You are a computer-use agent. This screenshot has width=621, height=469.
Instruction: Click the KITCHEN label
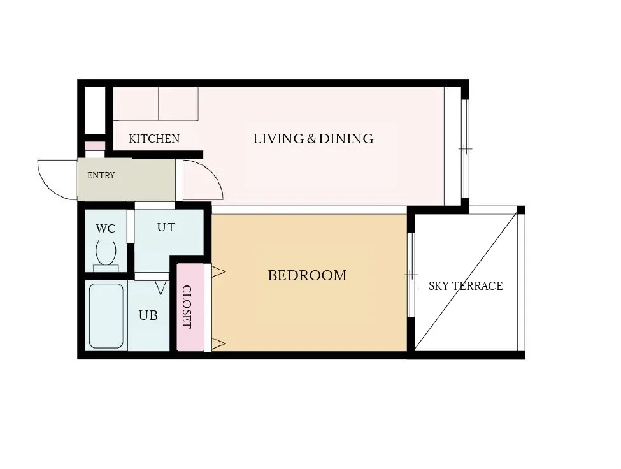click(154, 139)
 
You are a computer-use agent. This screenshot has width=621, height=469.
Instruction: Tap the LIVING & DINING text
click(313, 139)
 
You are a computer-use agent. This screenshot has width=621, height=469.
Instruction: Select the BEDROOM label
click(307, 275)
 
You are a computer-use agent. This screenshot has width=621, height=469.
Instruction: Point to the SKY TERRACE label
click(466, 285)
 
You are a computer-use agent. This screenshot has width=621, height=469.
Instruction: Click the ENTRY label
click(101, 175)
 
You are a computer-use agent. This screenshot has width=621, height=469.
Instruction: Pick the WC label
click(105, 229)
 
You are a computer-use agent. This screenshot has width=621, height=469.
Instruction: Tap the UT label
click(166, 227)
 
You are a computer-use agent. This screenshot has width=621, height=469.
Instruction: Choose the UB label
click(148, 315)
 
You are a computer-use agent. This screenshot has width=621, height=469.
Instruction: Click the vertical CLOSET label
click(187, 307)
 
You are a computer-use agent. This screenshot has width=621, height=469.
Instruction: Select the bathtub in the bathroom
click(106, 315)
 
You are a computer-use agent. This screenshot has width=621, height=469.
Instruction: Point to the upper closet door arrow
click(218, 271)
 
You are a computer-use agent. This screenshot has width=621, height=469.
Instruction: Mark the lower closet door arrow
click(218, 344)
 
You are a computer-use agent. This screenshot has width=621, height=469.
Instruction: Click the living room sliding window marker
click(466, 149)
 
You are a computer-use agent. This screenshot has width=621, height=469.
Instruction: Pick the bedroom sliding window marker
click(411, 275)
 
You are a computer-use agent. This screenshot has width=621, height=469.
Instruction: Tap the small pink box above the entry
click(95, 146)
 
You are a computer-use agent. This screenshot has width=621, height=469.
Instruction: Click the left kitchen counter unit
click(136, 104)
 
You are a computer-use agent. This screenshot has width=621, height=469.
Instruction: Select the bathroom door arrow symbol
click(161, 287)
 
